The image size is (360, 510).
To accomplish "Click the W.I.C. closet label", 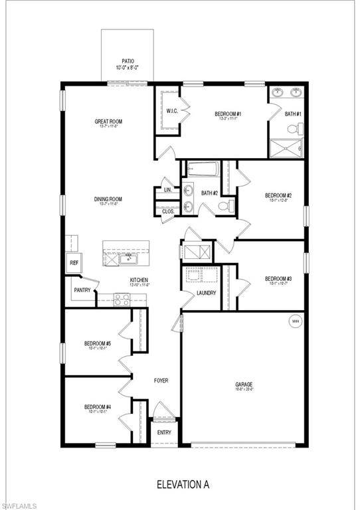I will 171,111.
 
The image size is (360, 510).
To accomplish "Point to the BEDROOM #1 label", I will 227,114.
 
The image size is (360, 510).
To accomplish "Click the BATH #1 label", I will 293,114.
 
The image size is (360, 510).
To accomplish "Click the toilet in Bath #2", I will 225,206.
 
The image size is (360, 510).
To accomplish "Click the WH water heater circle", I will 294,321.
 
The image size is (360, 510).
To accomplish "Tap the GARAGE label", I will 244,384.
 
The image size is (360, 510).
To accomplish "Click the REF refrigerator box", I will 74,263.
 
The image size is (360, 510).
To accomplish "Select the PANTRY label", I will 83,290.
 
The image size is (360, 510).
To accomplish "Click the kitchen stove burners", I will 122,299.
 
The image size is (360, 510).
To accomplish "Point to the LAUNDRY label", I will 206,293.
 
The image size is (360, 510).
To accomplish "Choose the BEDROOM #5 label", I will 97,344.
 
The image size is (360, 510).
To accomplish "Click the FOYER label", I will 161,381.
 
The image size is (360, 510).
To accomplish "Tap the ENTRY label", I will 164,432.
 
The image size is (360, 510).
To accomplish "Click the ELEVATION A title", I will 183,485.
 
